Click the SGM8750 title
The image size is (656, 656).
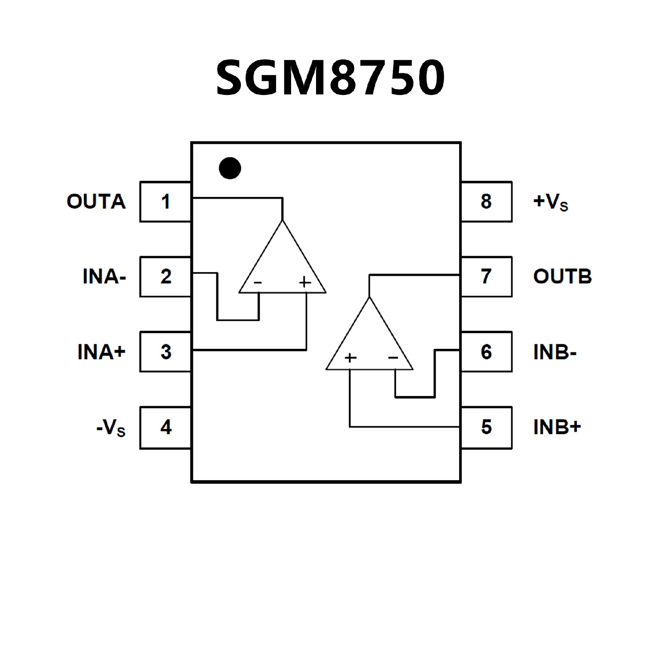[330, 77]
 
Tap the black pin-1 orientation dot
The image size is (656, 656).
[230, 168]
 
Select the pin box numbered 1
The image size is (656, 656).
[165, 202]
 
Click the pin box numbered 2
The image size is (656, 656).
[165, 277]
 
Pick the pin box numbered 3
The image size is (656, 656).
[165, 352]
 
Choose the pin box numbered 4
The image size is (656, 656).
[165, 427]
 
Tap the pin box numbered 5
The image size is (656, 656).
[486, 427]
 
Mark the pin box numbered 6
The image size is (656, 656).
[486, 352]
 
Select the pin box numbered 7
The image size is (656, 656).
[486, 277]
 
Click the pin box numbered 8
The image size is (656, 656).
[486, 202]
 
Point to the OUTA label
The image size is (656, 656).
[96, 202]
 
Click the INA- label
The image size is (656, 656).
[104, 277]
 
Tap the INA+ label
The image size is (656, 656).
[101, 352]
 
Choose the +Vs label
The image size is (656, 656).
[550, 202]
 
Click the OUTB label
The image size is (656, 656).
[562, 277]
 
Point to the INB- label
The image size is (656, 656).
[555, 352]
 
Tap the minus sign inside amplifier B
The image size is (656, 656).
[393, 358]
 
